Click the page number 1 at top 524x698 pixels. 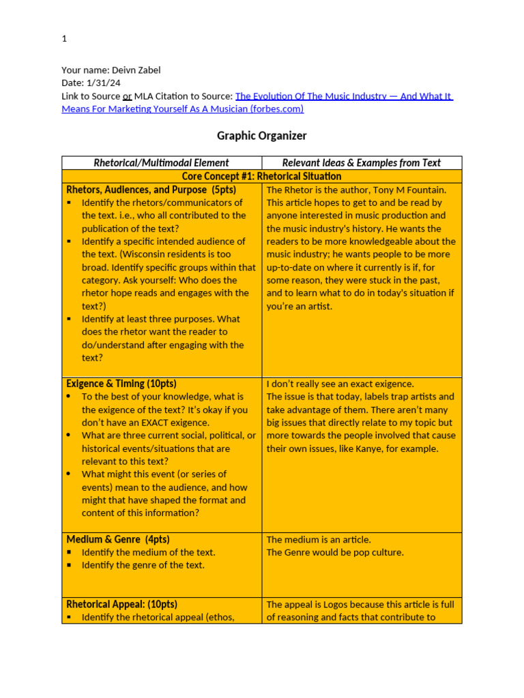(64, 39)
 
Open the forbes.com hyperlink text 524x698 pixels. (344, 96)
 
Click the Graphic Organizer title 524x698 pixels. (261, 136)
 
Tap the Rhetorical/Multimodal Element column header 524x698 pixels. (161, 163)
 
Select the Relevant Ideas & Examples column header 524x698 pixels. (362, 163)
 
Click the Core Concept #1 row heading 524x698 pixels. (261, 177)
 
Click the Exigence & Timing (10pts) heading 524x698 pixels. (121, 384)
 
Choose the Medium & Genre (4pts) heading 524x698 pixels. (117, 539)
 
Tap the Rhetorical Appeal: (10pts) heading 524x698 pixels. (121, 604)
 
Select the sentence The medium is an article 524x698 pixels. (319, 540)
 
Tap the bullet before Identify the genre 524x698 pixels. (70, 566)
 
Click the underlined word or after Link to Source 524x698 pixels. (127, 96)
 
